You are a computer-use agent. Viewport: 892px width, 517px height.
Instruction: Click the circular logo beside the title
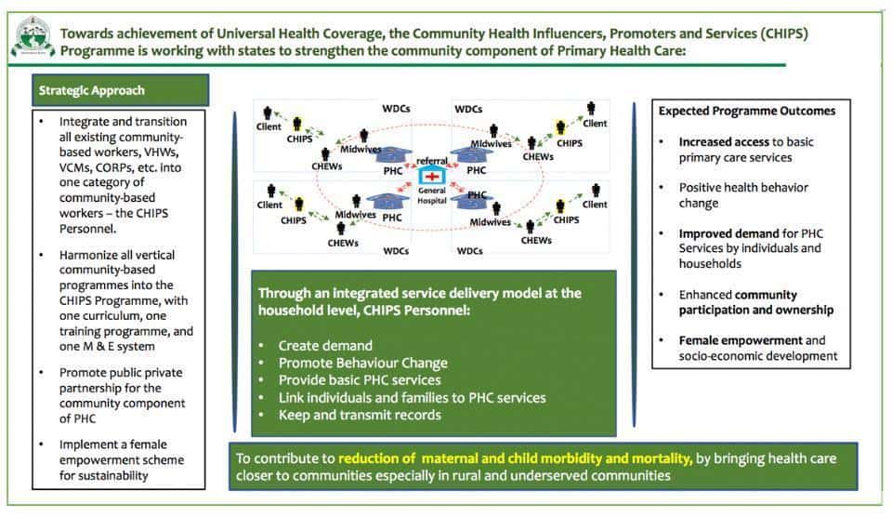pos(33,37)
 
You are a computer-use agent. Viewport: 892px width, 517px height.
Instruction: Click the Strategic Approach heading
pos(92,90)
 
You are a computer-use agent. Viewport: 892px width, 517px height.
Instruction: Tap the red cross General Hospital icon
pos(432,176)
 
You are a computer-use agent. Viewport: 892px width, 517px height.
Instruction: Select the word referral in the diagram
pos(432,161)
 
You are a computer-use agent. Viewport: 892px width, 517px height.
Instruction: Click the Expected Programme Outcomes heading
pos(747,111)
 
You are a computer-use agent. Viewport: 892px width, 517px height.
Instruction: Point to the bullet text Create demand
pos(325,346)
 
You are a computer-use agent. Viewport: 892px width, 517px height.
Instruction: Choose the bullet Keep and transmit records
pos(360,415)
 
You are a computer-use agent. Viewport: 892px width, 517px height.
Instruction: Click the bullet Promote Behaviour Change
pos(363,364)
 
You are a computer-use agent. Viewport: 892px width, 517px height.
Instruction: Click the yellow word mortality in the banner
pos(662,458)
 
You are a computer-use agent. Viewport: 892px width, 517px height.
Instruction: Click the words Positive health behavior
pos(743,187)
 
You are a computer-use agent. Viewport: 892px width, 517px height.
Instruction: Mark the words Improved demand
pos(728,233)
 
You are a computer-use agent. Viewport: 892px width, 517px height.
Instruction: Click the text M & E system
pos(117,346)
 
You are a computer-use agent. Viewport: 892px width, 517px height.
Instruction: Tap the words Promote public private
pos(121,372)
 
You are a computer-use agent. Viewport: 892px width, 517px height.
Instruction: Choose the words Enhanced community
pos(738,295)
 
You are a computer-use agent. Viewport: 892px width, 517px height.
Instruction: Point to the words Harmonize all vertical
pos(117,255)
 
